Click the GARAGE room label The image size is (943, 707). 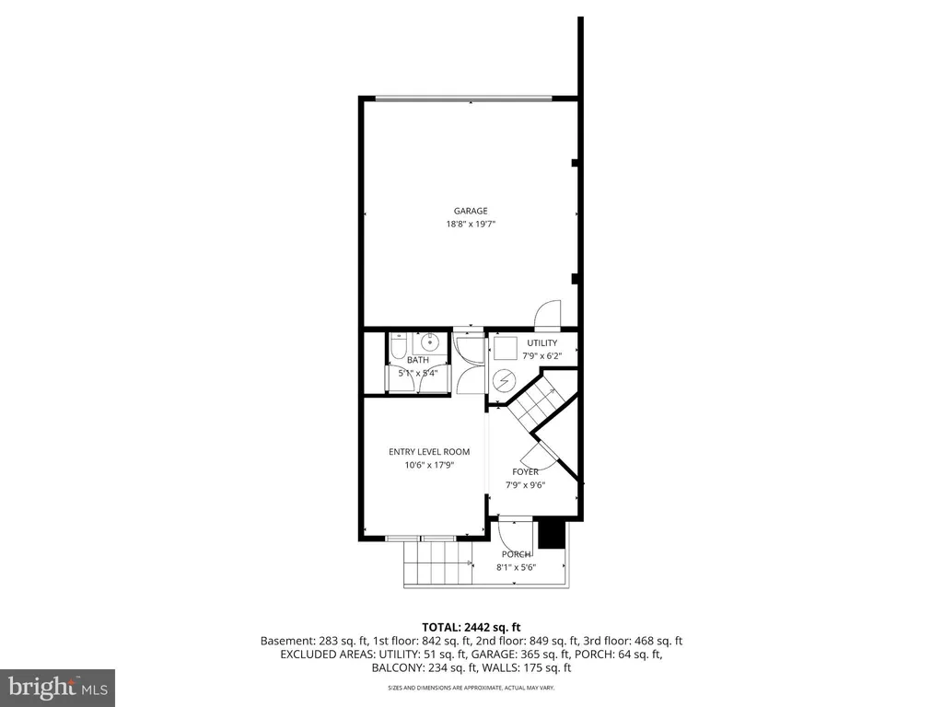tap(470, 211)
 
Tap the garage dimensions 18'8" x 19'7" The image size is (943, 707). tap(470, 224)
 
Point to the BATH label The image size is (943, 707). tap(418, 360)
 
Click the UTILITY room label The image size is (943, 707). tap(541, 343)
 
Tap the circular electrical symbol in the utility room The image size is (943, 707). tap(504, 379)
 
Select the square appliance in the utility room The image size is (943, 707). tap(505, 347)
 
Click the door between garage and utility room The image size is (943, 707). tap(546, 315)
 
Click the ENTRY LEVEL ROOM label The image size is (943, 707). tap(429, 452)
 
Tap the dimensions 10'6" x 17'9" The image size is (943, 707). tap(429, 466)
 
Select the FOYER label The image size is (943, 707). tap(525, 472)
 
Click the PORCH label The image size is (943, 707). tap(516, 554)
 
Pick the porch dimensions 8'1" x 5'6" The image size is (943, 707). tap(516, 568)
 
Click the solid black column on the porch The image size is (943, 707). tap(551, 535)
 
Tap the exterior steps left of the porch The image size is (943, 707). tap(437, 563)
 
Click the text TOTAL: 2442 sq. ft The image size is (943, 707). tap(471, 625)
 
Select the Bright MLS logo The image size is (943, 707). tap(57, 687)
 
